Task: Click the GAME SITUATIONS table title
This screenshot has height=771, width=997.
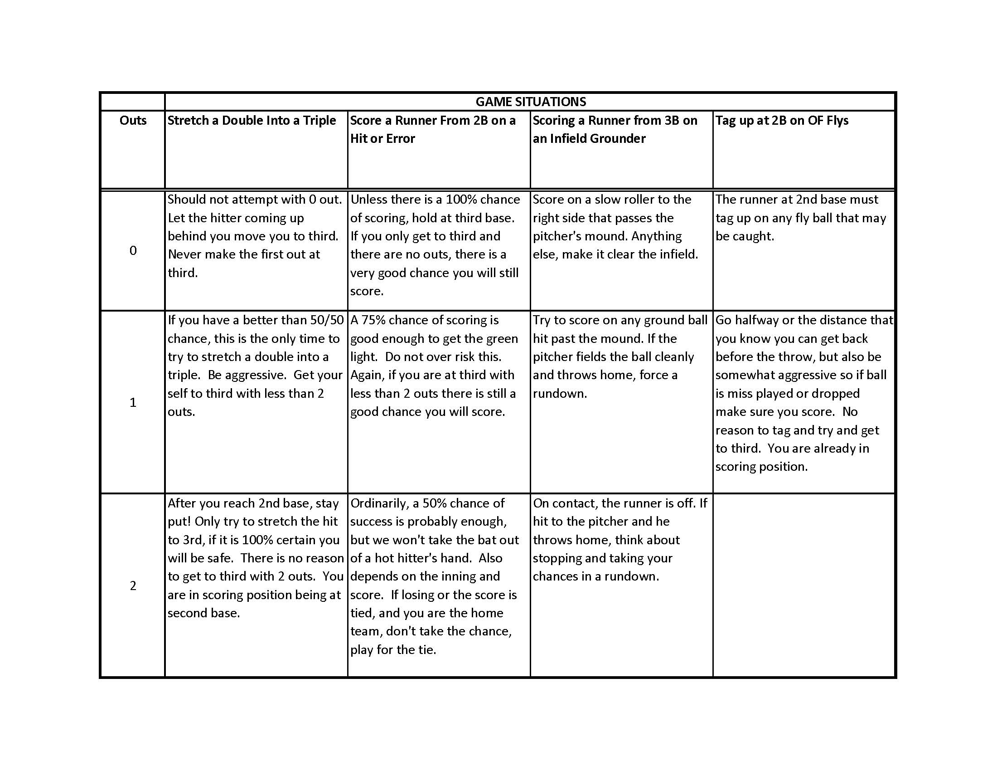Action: (x=531, y=102)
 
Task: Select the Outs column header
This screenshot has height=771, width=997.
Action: (x=133, y=120)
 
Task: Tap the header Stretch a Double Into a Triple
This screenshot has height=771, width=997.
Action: (x=252, y=120)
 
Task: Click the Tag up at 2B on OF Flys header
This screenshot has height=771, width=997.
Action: (x=782, y=120)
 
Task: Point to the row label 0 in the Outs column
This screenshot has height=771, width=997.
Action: (x=133, y=250)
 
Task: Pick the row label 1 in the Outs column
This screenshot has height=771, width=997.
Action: (x=133, y=402)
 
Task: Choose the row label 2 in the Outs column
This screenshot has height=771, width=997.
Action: (x=133, y=586)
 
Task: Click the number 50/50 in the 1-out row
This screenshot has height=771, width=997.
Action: (x=326, y=320)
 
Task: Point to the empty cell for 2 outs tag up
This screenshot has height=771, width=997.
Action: (x=803, y=585)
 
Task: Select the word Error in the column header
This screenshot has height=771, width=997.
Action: (x=400, y=138)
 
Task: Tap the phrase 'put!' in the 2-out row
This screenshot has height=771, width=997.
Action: (x=179, y=522)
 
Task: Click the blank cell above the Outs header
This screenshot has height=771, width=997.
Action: (x=133, y=102)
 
